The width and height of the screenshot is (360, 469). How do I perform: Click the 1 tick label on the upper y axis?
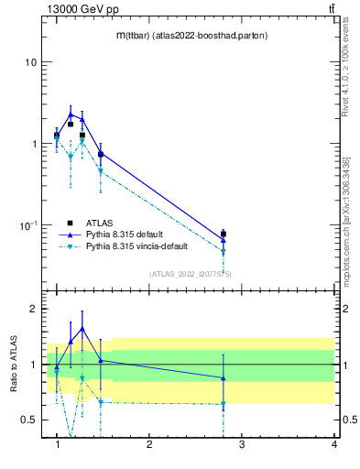tap(35, 144)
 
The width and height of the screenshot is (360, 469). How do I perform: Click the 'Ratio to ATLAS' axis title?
tap(11, 365)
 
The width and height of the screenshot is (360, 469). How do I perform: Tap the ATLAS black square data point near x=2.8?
tap(224, 234)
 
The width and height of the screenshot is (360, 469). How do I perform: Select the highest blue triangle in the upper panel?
tap(71, 115)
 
